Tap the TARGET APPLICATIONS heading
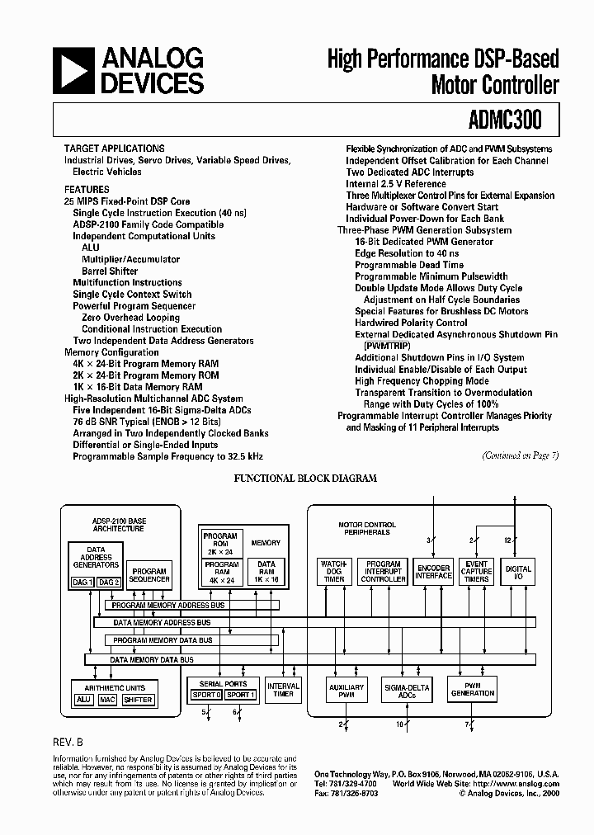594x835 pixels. tap(114, 149)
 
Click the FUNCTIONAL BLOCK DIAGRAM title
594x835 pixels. tap(306, 478)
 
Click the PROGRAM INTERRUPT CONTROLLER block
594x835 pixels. tap(384, 571)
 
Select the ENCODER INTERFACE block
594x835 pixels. tap(434, 571)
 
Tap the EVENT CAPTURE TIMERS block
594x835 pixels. tap(477, 571)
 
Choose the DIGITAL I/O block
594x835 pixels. tap(518, 571)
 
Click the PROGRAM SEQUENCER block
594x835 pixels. tap(149, 574)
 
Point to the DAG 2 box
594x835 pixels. tap(108, 583)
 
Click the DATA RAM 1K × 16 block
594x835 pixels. tap(266, 572)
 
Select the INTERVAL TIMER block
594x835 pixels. tap(283, 690)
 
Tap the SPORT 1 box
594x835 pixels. tap(240, 695)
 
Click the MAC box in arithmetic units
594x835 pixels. tap(107, 700)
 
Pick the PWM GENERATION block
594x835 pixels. tap(472, 690)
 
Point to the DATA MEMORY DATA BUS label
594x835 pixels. tap(152, 659)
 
